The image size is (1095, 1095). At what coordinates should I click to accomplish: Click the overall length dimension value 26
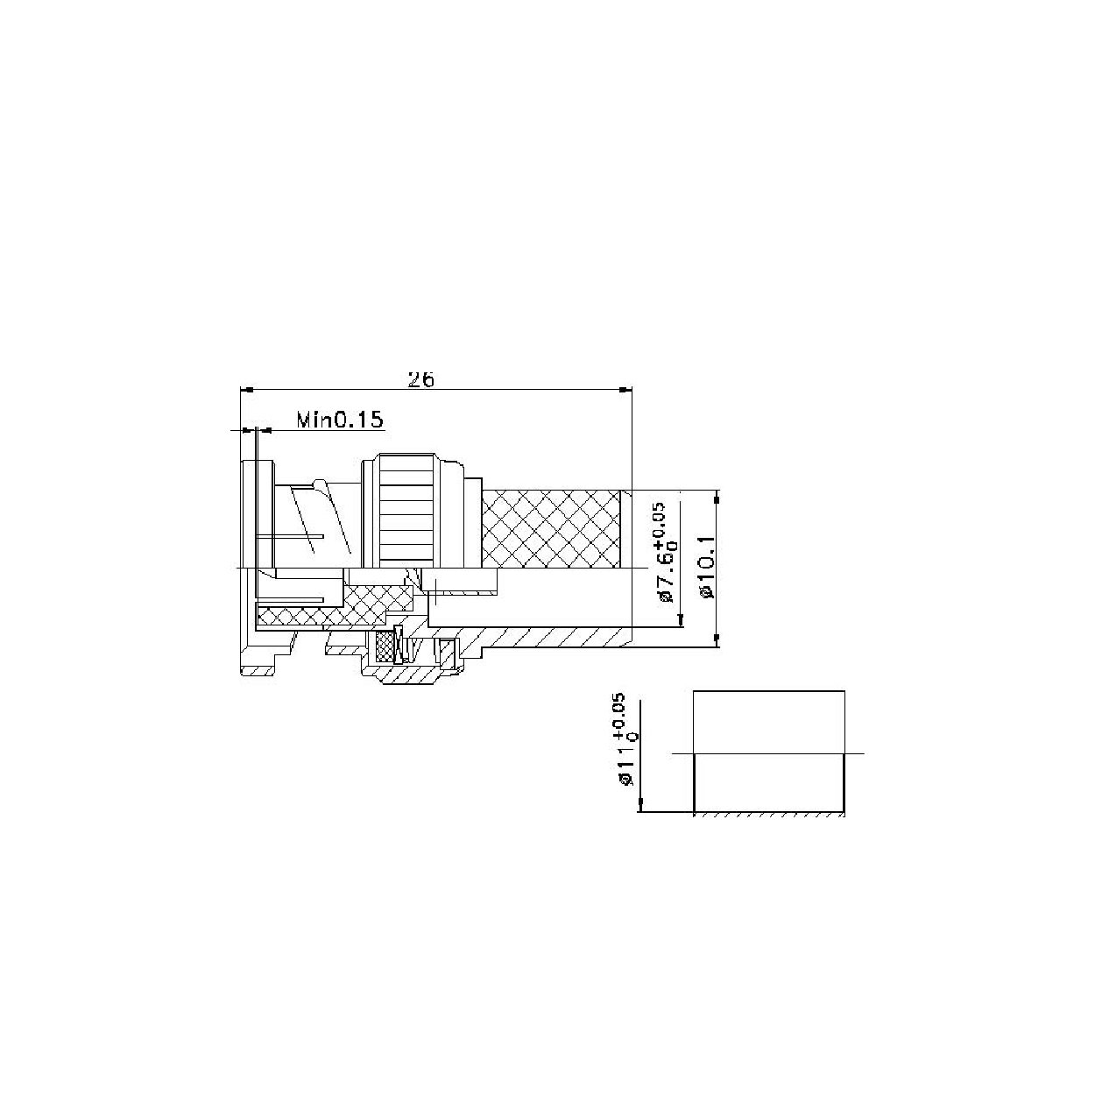[x=421, y=379]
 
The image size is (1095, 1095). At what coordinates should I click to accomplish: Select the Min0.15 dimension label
[x=340, y=420]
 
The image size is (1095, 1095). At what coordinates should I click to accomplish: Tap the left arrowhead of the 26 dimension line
[x=246, y=389]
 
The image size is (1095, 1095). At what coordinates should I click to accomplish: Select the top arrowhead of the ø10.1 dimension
[x=717, y=498]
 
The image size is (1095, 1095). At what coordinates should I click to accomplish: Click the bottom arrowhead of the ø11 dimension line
[x=642, y=805]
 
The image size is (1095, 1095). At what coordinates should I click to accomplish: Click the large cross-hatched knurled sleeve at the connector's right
[x=552, y=529]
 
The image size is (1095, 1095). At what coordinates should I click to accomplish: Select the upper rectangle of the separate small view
[x=769, y=722]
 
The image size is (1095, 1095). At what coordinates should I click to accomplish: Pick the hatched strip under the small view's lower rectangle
[x=769, y=815]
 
